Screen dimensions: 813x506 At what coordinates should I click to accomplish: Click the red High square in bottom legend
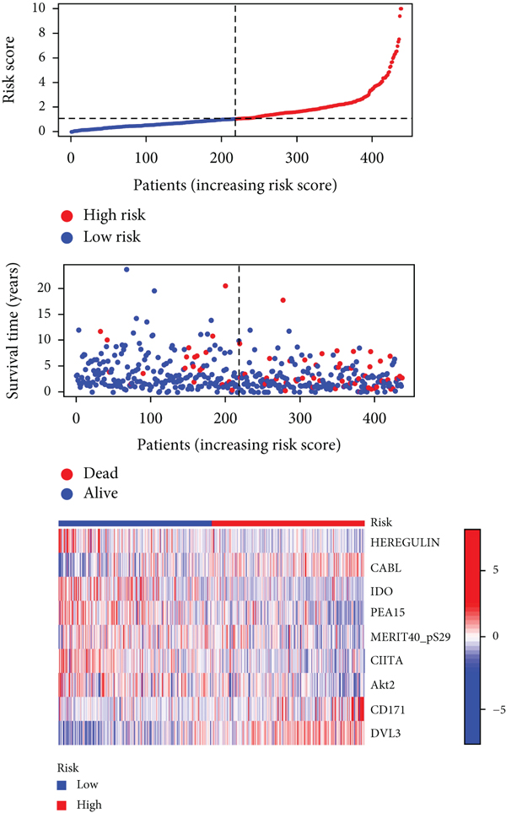tap(62, 805)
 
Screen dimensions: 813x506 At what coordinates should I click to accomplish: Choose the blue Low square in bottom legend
tap(62, 784)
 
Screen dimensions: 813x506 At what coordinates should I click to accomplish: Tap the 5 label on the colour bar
tap(494, 570)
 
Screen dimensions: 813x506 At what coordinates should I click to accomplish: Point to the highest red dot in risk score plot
tap(401, 9)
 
